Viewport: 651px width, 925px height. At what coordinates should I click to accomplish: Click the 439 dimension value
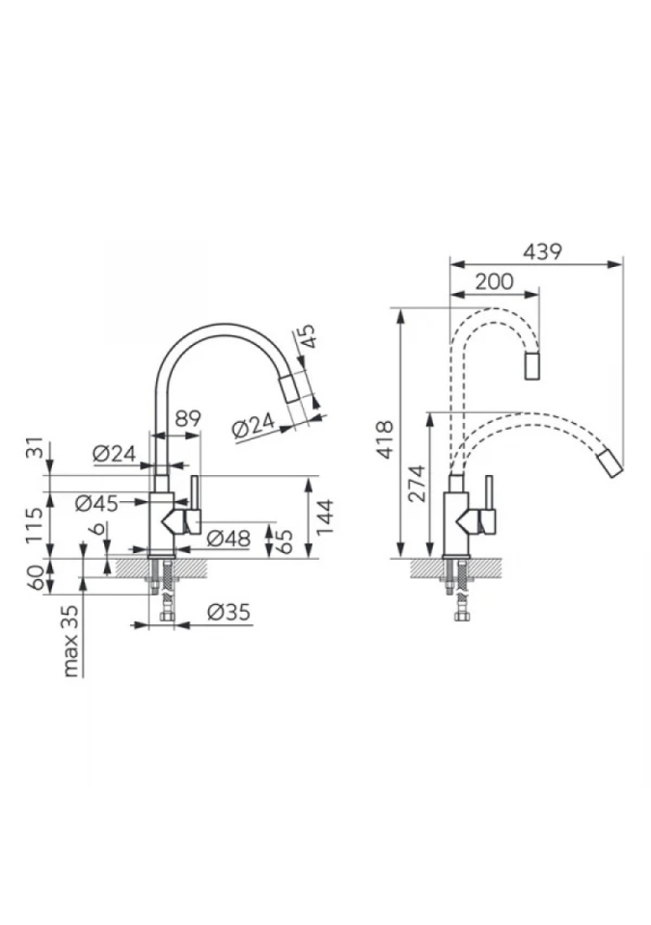542,251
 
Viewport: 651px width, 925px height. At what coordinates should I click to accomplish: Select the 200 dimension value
494,281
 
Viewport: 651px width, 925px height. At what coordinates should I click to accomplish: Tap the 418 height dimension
385,439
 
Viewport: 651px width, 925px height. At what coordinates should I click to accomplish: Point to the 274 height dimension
418,483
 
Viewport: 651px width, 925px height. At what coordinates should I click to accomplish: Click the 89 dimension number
188,418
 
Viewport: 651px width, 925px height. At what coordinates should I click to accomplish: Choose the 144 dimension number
325,516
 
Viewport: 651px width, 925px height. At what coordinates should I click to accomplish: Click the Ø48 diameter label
229,538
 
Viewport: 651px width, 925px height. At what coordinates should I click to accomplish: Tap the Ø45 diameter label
96,503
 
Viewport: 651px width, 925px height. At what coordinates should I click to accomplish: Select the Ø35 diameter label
230,612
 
